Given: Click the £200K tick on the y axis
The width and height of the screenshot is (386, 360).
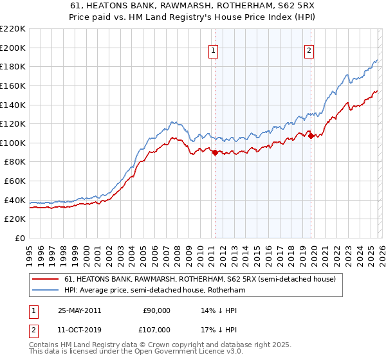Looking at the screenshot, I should point(13,48).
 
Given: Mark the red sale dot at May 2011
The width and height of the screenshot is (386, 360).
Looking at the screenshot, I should point(215,152).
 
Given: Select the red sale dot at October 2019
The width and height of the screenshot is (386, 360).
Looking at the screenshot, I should point(310,136).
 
